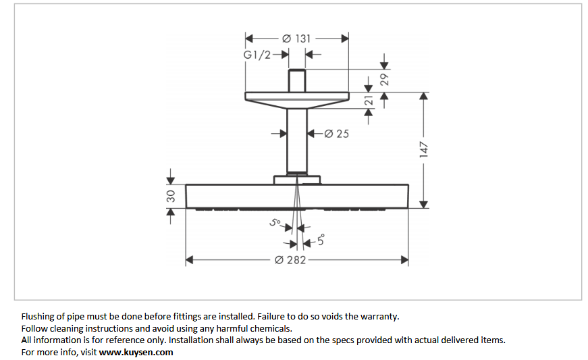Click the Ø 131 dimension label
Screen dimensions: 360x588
click(296, 38)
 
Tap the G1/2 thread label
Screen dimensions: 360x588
click(257, 55)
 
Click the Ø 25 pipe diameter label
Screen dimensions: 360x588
click(337, 134)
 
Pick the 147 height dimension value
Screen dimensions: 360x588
click(424, 149)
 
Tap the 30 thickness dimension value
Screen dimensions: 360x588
click(171, 196)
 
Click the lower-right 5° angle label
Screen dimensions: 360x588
click(321, 240)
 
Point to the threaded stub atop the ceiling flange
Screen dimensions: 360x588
click(296, 80)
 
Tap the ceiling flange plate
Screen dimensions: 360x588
click(296, 97)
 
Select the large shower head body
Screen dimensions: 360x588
click(296, 196)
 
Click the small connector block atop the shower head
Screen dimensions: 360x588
click(297, 180)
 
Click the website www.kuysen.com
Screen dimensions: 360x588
click(136, 352)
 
